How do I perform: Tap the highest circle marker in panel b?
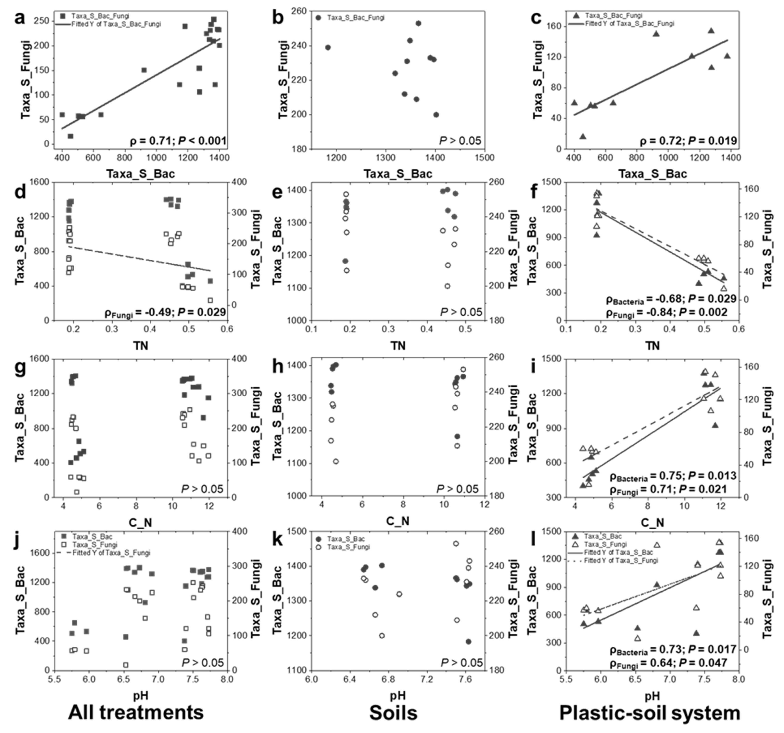point(418,23)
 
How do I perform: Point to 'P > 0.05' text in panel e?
point(461,312)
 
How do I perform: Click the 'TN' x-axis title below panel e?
point(398,346)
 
